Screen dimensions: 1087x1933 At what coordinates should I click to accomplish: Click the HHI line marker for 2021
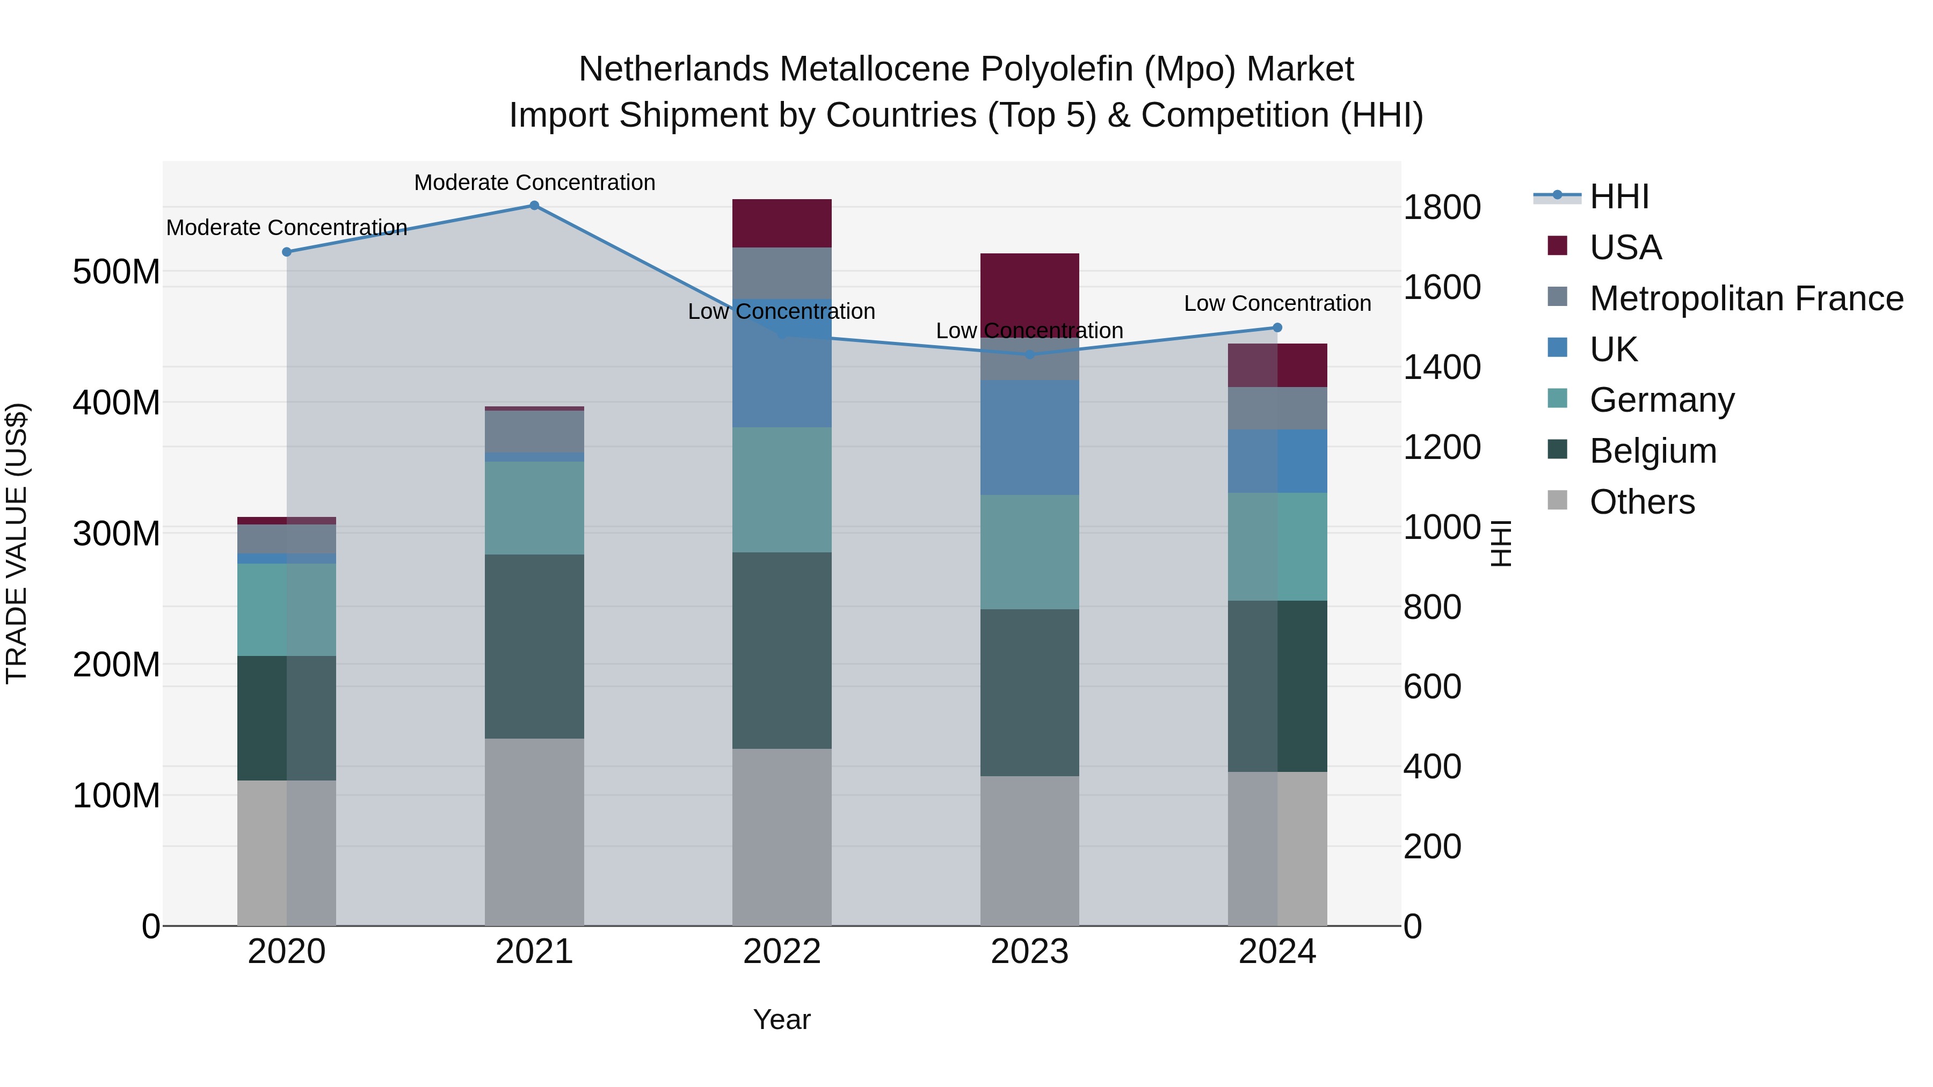tap(534, 206)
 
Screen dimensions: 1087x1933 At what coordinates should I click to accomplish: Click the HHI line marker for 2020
tap(287, 252)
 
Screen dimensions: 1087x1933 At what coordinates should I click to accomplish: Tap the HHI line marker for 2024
tap(1278, 328)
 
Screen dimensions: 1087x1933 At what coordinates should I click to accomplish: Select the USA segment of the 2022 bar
tap(782, 223)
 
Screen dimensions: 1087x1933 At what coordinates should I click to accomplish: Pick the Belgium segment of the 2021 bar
tap(534, 647)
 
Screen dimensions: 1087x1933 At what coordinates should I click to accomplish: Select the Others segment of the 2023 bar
tap(1029, 851)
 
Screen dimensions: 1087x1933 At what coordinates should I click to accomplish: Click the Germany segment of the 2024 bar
tap(1278, 547)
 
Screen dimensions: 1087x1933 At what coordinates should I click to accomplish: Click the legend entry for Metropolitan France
tap(1746, 298)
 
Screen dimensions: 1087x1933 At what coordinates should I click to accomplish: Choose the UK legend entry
tap(1614, 349)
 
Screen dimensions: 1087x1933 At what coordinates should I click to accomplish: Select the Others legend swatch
tap(1558, 500)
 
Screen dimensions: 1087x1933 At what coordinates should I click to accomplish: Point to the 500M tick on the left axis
tap(117, 272)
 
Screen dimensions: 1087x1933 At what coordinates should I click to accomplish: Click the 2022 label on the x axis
tap(782, 952)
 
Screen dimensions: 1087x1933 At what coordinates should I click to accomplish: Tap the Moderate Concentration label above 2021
tap(534, 183)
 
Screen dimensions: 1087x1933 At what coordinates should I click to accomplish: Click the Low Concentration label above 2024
tap(1277, 303)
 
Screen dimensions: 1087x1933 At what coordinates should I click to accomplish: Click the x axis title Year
tap(782, 1019)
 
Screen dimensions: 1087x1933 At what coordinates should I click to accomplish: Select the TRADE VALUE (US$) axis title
tap(17, 543)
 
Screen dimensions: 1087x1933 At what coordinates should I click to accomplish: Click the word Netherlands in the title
tap(673, 69)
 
